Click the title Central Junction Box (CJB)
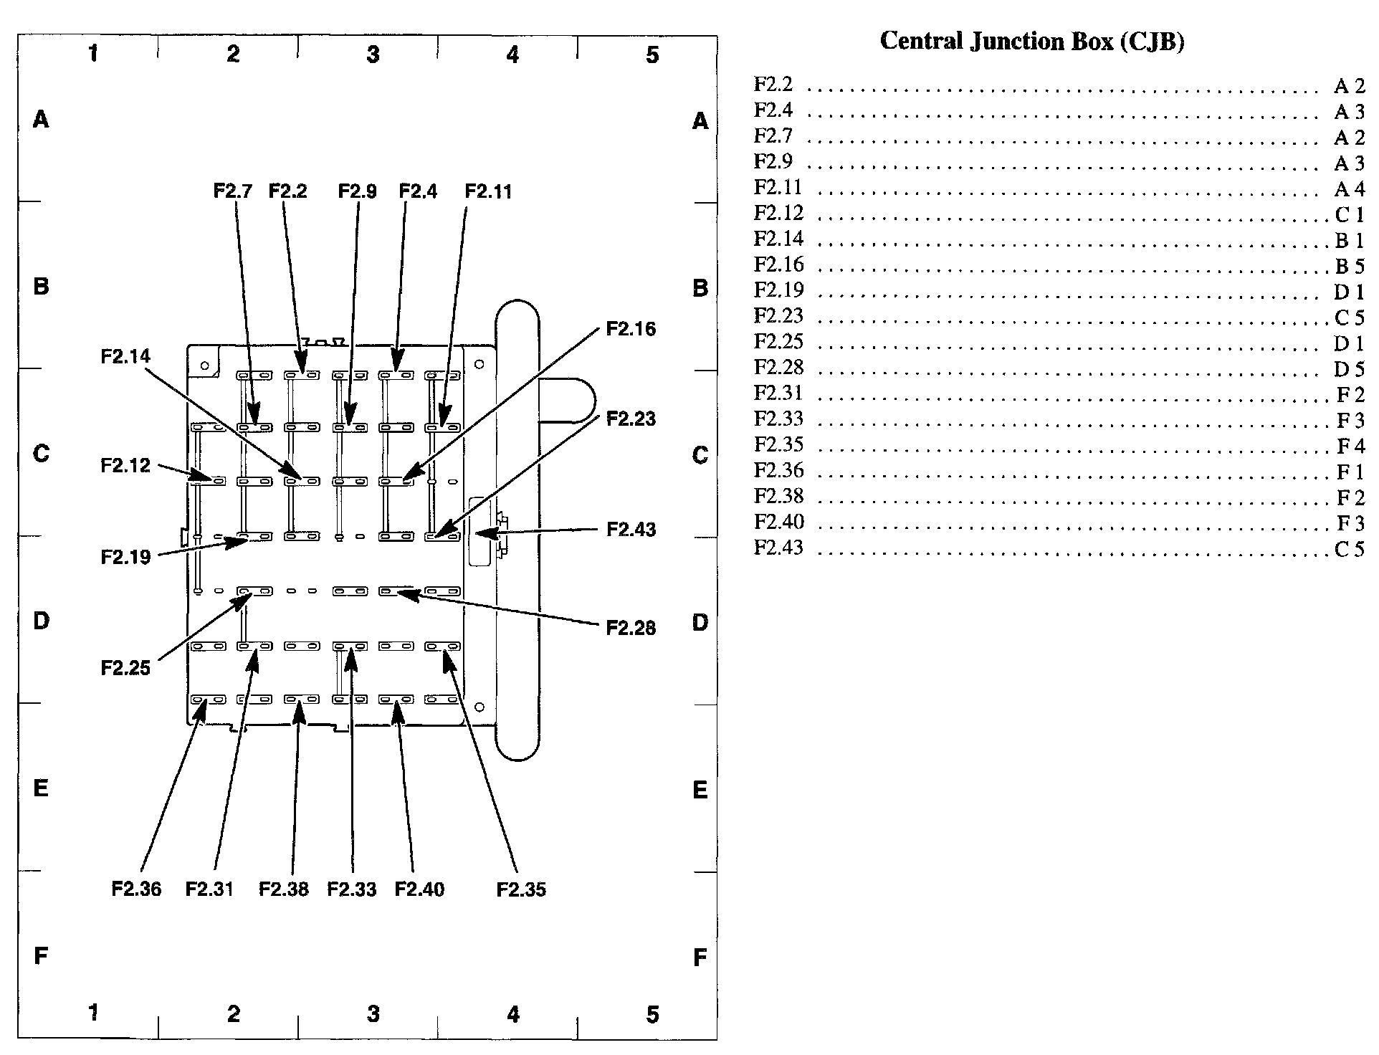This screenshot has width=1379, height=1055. (1031, 41)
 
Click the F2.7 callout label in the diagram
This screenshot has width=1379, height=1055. (233, 191)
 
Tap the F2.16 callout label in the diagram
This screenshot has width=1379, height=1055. (631, 329)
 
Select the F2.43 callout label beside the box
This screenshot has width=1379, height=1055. (631, 530)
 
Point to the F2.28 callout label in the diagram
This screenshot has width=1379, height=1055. (631, 628)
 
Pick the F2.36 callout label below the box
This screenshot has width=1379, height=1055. (136, 889)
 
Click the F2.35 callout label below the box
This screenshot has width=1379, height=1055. (521, 889)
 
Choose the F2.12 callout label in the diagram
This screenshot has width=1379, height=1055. (125, 465)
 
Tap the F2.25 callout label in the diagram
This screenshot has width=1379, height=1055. (125, 668)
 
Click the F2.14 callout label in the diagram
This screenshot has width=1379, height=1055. (125, 356)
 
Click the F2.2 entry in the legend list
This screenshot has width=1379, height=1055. (773, 85)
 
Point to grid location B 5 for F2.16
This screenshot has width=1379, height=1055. (1349, 266)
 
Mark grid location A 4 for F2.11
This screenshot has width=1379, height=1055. (1349, 188)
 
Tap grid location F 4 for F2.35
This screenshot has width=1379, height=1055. (1350, 446)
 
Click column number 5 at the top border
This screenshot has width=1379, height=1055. (652, 54)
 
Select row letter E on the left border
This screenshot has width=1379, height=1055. (41, 788)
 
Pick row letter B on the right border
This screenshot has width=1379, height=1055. (700, 288)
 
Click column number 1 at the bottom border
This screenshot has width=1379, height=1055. (93, 1012)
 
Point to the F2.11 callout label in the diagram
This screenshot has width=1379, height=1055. (488, 191)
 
